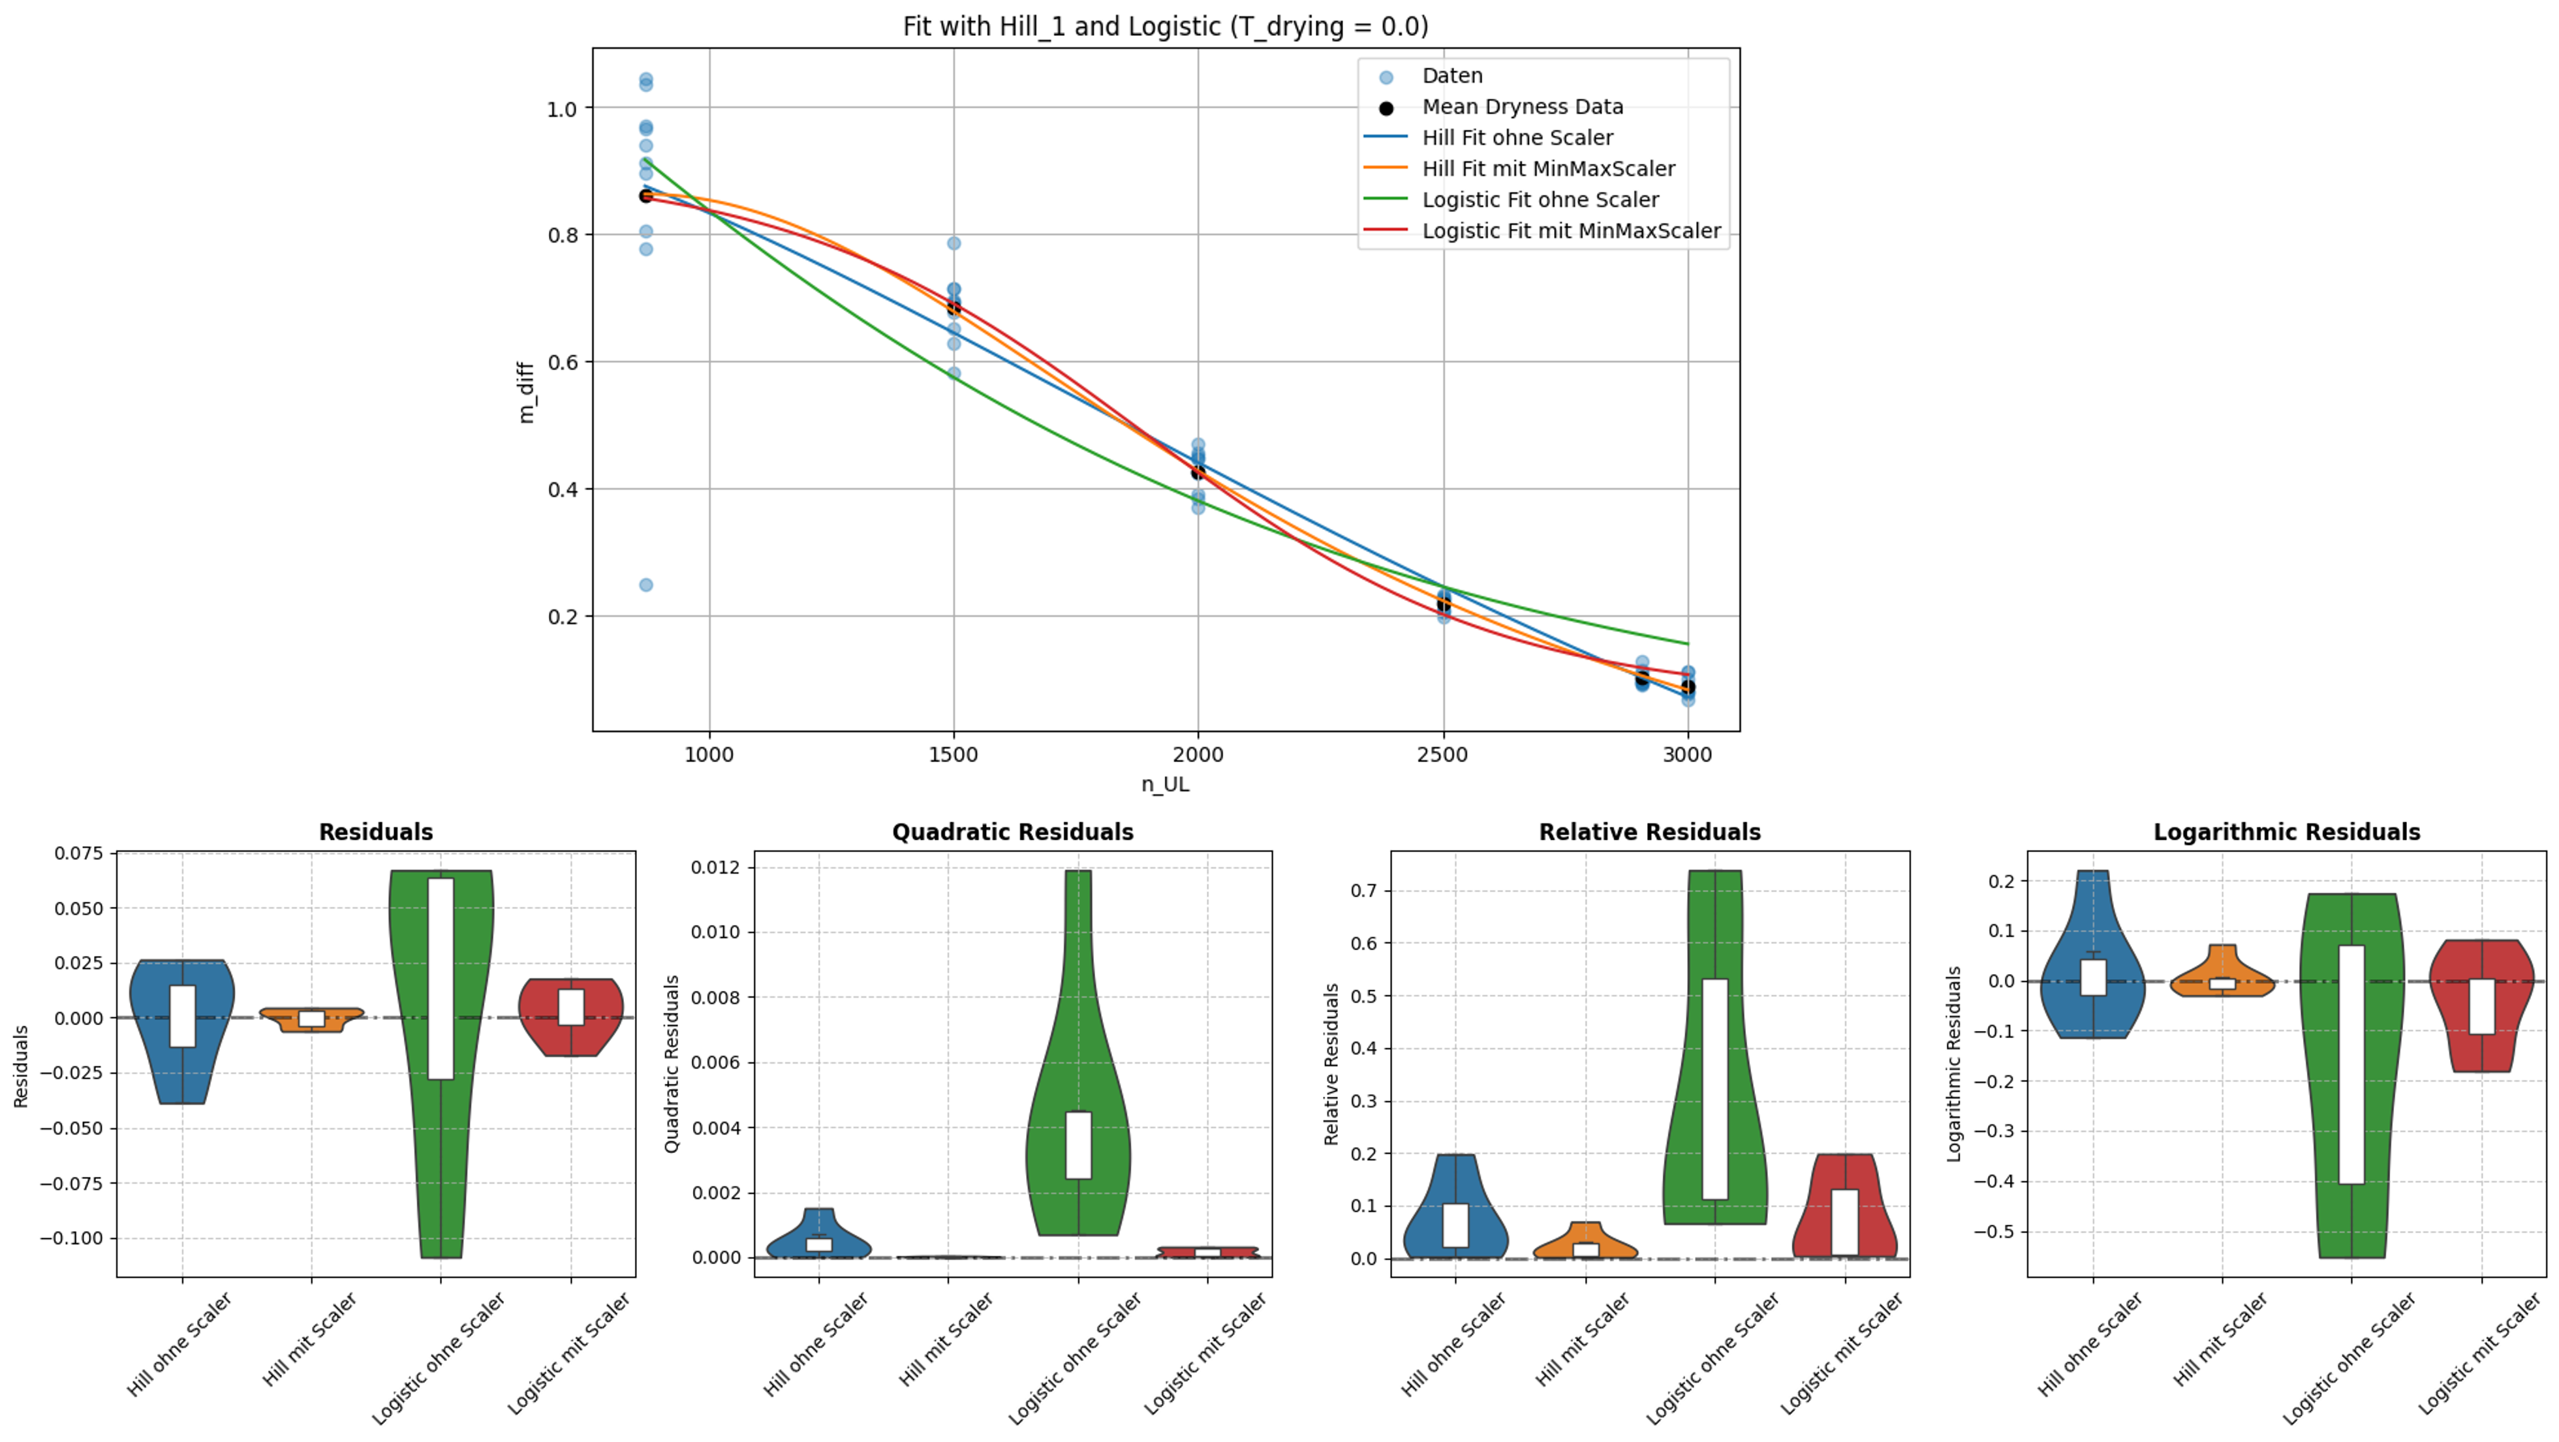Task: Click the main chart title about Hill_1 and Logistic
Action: point(1165,27)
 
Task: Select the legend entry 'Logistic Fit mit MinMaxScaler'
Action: point(1570,230)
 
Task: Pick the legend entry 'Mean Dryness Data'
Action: point(1522,106)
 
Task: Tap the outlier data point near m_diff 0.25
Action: point(645,585)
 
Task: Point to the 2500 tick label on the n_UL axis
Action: point(1442,755)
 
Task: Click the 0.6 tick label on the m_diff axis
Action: point(561,363)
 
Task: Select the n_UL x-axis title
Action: point(1165,784)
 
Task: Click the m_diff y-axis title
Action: point(527,392)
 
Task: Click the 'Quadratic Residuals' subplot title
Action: point(1012,832)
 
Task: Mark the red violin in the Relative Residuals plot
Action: point(1845,1212)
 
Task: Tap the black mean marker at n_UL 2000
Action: point(1198,472)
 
